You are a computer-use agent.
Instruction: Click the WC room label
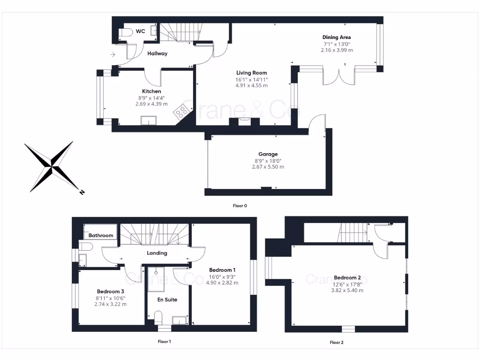click(x=140, y=31)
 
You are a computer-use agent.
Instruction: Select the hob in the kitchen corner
click(x=182, y=112)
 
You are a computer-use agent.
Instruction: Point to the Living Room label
click(x=251, y=73)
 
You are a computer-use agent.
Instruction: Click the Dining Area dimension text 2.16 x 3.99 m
click(x=337, y=50)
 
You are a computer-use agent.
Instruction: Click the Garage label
click(x=268, y=154)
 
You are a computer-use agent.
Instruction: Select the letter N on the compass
click(x=82, y=192)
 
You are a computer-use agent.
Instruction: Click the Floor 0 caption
click(x=240, y=206)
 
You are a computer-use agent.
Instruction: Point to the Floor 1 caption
click(x=164, y=342)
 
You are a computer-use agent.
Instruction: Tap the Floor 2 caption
click(x=337, y=342)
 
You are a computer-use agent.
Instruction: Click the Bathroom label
click(x=101, y=235)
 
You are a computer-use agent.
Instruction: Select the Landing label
click(x=157, y=253)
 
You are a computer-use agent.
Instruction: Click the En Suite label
click(x=167, y=300)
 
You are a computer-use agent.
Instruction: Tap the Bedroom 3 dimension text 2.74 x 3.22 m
click(x=110, y=304)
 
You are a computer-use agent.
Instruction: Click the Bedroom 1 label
click(x=222, y=270)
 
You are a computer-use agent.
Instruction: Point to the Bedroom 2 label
click(x=347, y=277)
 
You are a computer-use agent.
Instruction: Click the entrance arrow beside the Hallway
click(x=112, y=55)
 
